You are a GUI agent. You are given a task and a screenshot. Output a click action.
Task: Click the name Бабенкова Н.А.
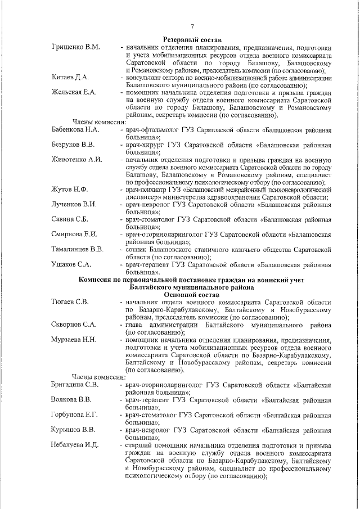76,129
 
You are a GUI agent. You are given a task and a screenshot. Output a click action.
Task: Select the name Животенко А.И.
76,160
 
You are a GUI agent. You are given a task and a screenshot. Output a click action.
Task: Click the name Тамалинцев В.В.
78,249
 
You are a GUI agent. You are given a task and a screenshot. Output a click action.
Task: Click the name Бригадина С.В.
75,385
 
